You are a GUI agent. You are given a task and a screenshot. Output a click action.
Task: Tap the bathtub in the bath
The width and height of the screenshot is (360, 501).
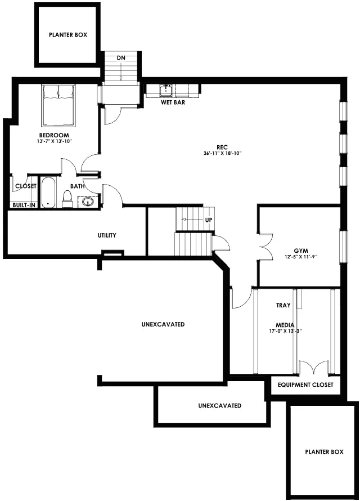pos(48,193)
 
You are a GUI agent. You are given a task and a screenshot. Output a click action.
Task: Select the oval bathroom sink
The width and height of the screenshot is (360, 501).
pos(88,202)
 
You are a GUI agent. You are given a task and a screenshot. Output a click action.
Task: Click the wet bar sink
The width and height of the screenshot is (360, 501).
pos(166,90)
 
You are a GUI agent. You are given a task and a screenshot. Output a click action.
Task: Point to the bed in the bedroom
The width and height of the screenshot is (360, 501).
pos(58,105)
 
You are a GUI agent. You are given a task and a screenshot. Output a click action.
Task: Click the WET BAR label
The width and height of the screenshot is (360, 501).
pos(173,102)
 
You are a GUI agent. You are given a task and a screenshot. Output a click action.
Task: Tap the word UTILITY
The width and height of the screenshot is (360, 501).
pos(107,235)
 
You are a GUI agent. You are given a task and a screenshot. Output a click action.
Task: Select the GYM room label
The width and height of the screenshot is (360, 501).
pos(301,251)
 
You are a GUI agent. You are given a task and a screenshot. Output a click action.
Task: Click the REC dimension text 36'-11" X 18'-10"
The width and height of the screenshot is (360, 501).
pos(222,153)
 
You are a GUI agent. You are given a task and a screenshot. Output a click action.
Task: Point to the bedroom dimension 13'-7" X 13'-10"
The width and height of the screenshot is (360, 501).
pos(54,141)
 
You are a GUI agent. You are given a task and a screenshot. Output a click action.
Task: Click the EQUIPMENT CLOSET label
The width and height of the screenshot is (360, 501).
pos(305,384)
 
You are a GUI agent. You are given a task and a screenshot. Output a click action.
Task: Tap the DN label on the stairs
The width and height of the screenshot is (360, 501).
pos(121,58)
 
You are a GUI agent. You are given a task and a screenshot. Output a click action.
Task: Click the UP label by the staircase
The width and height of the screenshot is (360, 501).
pos(208,220)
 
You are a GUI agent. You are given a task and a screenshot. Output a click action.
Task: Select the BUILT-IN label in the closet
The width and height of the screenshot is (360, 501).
pos(24,205)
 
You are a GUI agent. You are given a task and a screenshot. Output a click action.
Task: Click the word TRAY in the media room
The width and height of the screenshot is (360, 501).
pos(283,305)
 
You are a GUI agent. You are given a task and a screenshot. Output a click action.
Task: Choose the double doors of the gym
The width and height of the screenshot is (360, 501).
pos(265,247)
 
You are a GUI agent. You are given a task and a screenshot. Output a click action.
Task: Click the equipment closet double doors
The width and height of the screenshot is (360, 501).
pos(314,367)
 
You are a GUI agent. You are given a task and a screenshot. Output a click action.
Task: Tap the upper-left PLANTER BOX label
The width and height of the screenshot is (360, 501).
pos(68,35)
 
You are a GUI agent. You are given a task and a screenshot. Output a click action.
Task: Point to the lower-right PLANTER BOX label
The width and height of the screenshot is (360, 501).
pos(324,452)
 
